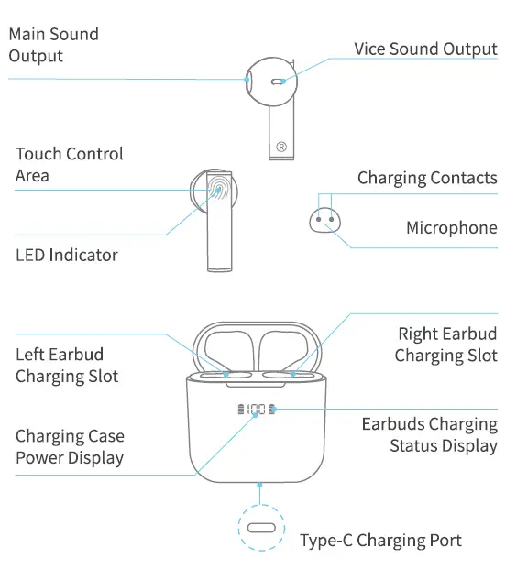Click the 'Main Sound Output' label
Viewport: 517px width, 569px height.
53,45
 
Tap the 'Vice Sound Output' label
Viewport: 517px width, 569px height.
425,49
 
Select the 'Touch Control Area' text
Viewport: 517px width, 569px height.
69,164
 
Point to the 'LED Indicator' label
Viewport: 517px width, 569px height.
66,255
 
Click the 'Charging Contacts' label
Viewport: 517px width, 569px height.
427,178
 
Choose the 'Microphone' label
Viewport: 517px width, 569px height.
452,228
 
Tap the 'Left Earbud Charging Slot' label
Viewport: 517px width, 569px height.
66,365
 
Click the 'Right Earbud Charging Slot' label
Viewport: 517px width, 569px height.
446,345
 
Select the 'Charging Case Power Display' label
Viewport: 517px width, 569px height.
70,446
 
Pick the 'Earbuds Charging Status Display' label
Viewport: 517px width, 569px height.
430,435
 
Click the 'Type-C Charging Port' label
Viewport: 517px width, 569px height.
380,540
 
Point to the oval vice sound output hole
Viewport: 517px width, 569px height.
278,82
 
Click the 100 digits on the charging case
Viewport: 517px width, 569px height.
257,410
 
